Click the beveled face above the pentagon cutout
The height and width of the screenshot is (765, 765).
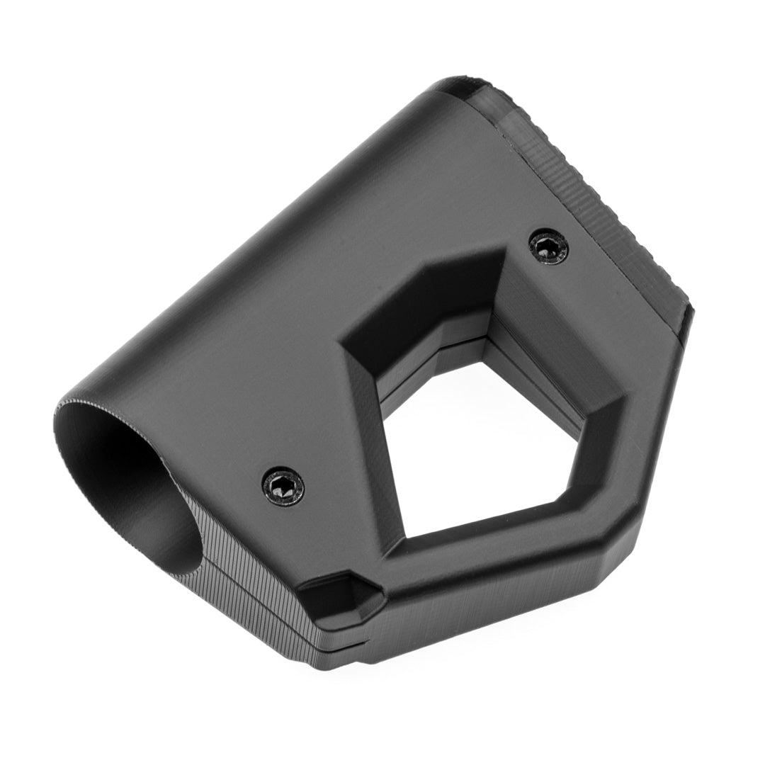[425, 297]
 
